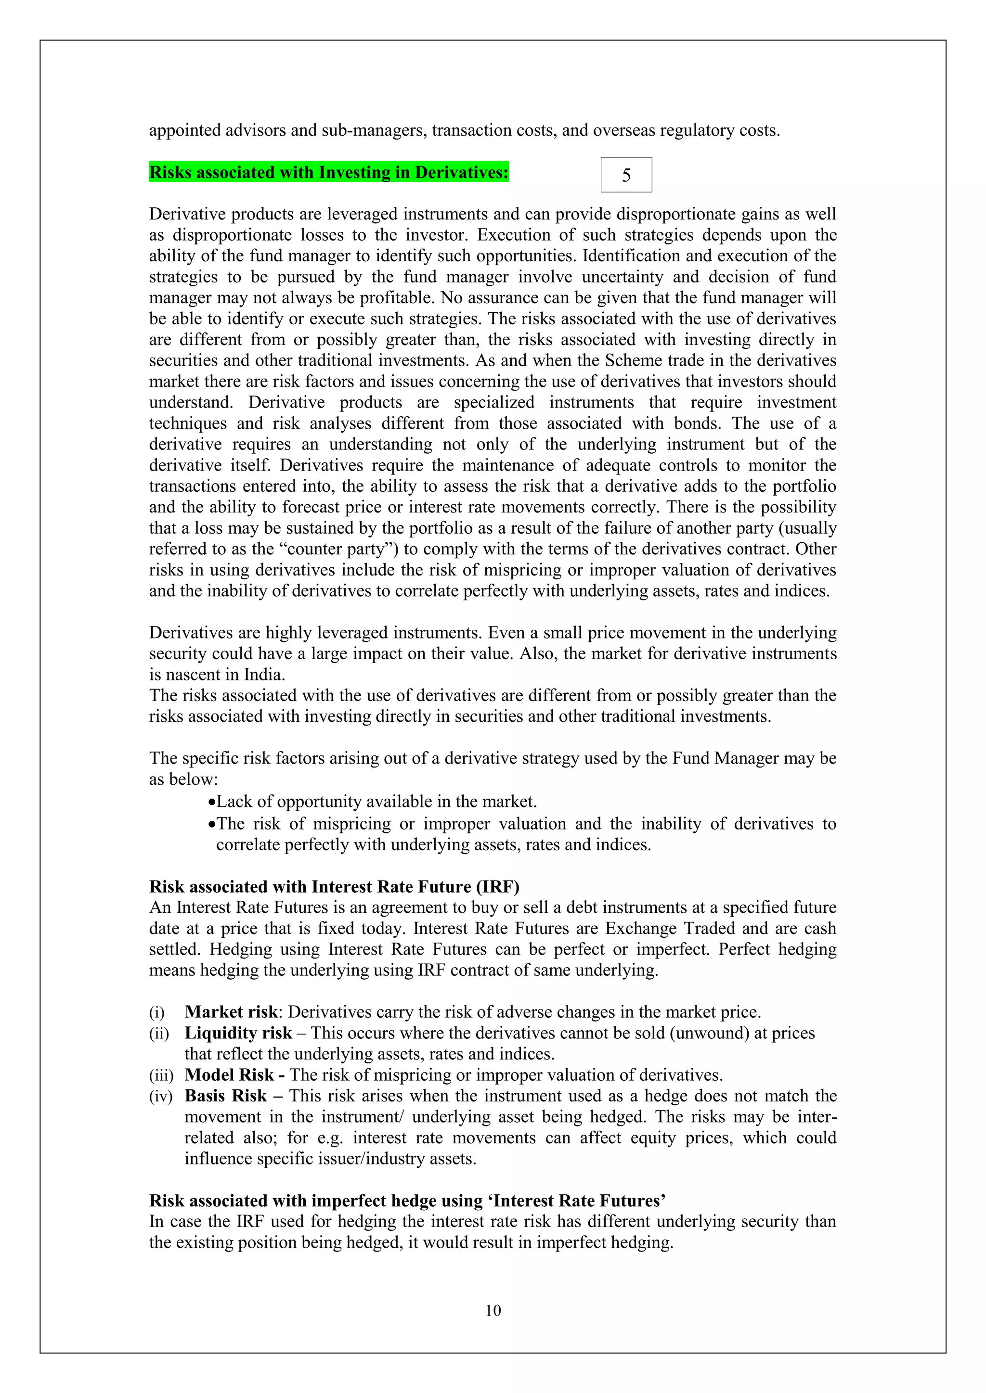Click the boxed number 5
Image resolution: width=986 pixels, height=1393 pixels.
[626, 175]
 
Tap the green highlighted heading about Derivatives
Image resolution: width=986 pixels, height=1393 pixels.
[328, 172]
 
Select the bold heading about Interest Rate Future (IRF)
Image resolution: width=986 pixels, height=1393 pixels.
[334, 886]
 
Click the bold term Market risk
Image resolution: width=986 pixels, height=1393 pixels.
[231, 1011]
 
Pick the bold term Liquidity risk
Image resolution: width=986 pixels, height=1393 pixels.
[238, 1033]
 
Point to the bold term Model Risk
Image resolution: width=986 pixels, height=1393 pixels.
[229, 1074]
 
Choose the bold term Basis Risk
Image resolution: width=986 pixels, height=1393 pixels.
[225, 1096]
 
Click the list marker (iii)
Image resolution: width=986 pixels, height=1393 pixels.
[161, 1075]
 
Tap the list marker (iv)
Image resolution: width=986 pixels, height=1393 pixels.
[161, 1096]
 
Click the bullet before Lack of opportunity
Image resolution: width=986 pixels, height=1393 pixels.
[211, 803]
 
